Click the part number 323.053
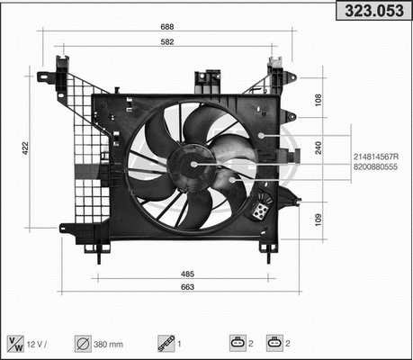372,12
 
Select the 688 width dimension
168,28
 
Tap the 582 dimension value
168,42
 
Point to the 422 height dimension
26,148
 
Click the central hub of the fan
194,164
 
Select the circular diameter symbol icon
82,342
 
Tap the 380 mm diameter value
111,343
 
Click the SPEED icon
165,342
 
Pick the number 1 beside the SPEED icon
180,343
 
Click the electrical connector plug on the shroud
260,210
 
